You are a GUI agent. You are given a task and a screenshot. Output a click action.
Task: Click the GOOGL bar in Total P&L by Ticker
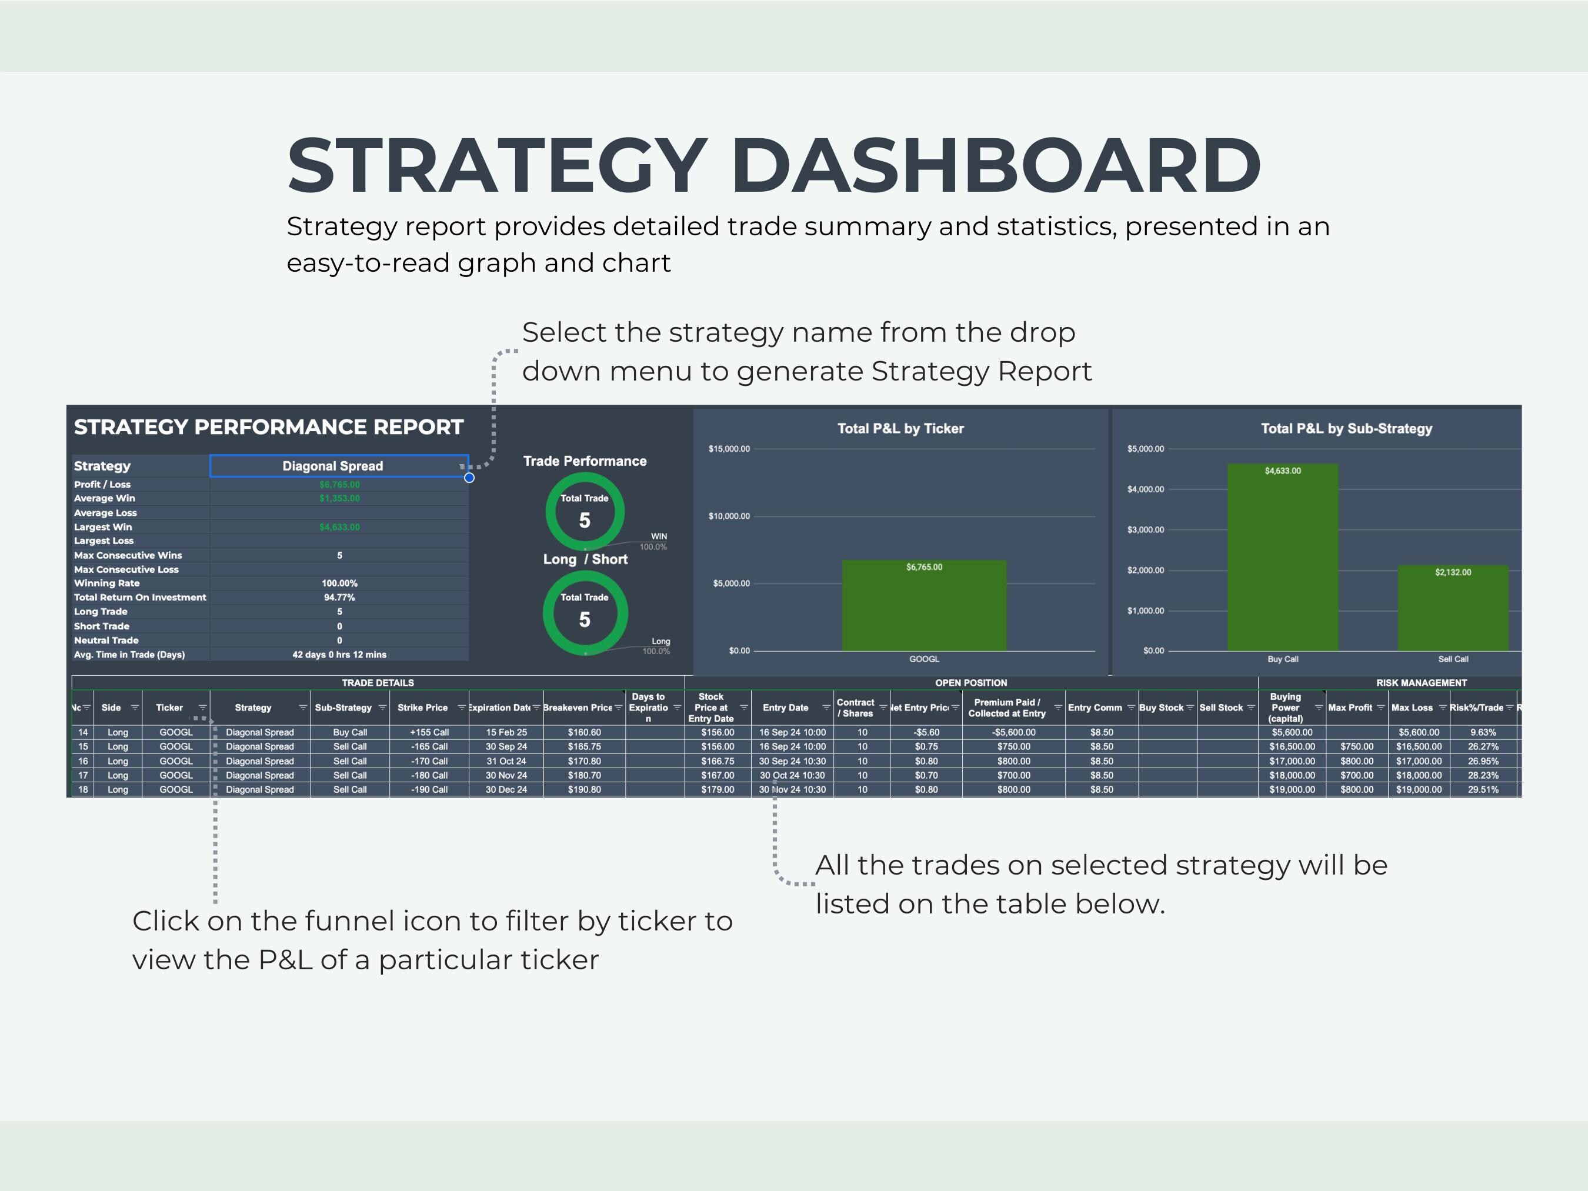click(924, 606)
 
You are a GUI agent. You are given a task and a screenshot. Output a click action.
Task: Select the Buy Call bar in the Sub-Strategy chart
click(1282, 560)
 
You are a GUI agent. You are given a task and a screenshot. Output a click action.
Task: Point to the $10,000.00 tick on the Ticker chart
click(729, 516)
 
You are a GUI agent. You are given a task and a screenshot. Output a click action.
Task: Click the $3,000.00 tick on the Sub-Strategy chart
click(1146, 530)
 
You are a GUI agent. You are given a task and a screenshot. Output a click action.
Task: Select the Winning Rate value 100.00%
click(339, 583)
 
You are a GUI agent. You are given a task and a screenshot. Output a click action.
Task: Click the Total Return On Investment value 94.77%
click(339, 598)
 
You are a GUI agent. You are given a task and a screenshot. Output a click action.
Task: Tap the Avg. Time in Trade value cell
click(339, 655)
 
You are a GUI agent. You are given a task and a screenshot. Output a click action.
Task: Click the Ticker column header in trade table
click(169, 708)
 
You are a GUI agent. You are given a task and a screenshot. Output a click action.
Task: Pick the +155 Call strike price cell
click(429, 732)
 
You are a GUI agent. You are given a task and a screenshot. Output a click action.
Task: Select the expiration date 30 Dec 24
click(506, 790)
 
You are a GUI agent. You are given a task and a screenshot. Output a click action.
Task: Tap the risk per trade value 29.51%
click(1483, 790)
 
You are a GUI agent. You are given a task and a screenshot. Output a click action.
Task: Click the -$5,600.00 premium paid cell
click(1014, 732)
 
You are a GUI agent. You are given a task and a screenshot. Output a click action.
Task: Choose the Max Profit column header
click(1350, 708)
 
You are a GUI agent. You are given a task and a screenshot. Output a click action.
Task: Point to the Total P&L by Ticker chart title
click(900, 429)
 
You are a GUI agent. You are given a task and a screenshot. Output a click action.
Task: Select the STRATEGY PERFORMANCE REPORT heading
click(269, 427)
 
